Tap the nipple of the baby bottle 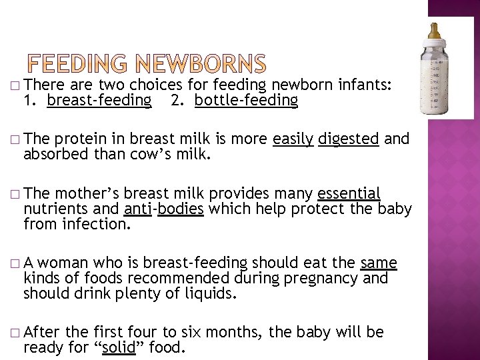coord(435,29)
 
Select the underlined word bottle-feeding coord(246,101)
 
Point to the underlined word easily coord(293,139)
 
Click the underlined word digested coord(349,139)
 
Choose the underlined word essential coord(349,193)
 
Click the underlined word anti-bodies coord(164,209)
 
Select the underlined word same coord(378,263)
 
